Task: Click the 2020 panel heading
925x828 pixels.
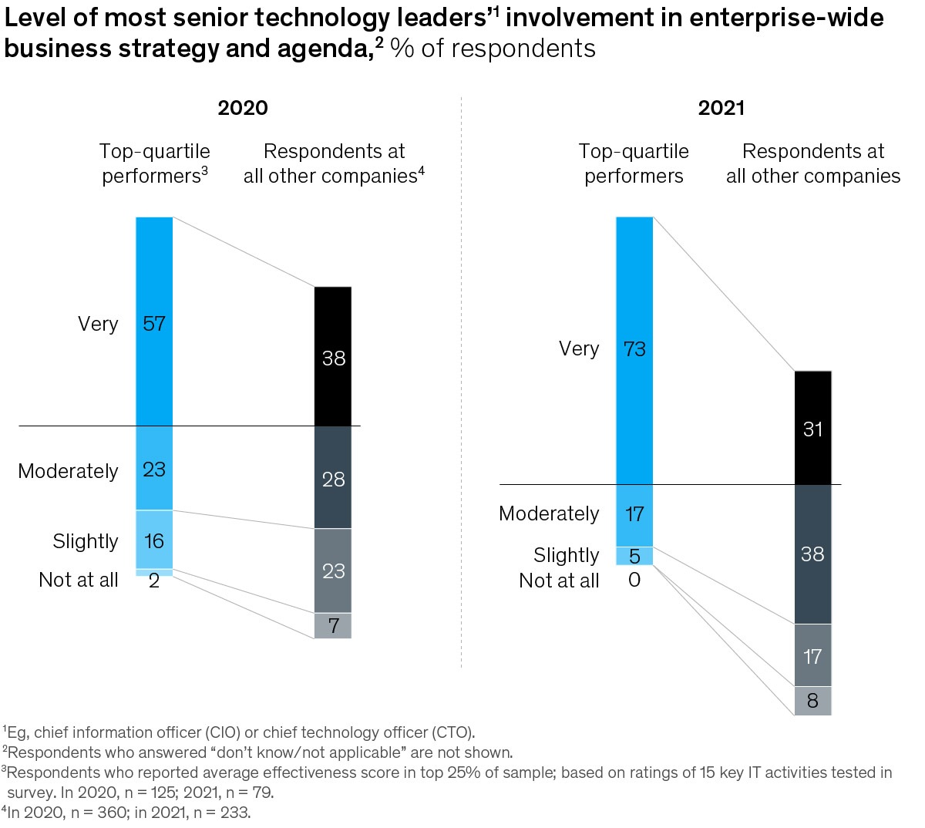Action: (243, 108)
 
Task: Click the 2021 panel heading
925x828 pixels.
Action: (721, 108)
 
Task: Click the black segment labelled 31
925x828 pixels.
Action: (813, 428)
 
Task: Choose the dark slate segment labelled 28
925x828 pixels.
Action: (333, 478)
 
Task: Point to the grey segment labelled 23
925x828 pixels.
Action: (333, 571)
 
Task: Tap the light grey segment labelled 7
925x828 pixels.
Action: (333, 625)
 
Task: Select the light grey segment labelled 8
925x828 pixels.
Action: (813, 701)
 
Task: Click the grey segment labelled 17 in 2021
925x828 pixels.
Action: (813, 655)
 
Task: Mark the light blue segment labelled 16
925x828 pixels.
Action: (154, 540)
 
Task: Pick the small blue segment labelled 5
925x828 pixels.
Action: (634, 556)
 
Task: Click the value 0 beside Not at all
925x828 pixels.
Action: (634, 580)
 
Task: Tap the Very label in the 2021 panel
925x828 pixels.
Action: (579, 348)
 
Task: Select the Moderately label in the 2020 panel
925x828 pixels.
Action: (69, 471)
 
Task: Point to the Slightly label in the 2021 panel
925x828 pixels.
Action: (566, 555)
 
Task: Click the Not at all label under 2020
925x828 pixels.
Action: (79, 580)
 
